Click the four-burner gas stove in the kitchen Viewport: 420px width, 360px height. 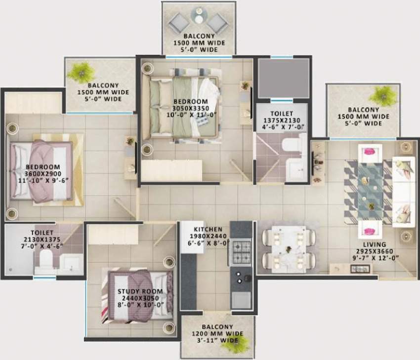coord(241,252)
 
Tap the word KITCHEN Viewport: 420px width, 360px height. coord(208,230)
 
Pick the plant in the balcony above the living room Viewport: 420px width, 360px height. coord(382,94)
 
